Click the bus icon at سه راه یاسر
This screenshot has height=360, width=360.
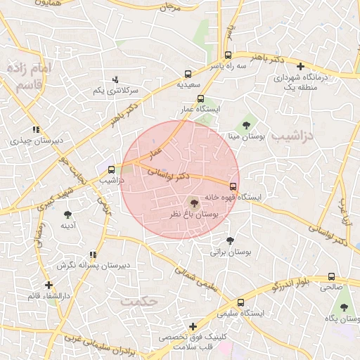tap(227, 55)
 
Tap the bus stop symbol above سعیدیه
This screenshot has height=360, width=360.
tap(188, 74)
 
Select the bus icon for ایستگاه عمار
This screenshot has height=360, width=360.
tap(201, 99)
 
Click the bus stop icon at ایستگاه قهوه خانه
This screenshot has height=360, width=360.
tap(233, 186)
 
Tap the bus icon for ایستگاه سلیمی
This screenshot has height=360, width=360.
tap(241, 302)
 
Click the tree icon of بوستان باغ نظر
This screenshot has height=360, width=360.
tap(195, 202)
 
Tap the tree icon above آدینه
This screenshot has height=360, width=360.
tap(68, 215)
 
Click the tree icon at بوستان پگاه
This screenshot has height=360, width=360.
tap(344, 308)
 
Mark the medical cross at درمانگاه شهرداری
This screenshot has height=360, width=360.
tap(300, 66)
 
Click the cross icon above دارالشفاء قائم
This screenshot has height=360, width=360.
tap(49, 285)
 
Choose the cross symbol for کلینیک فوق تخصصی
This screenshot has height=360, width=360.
tap(193, 326)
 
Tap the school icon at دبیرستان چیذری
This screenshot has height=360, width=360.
tap(36, 129)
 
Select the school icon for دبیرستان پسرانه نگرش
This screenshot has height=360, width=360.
tap(93, 255)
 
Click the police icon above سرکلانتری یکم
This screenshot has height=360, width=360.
tap(116, 79)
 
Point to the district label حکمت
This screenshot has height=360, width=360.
tap(137, 301)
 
